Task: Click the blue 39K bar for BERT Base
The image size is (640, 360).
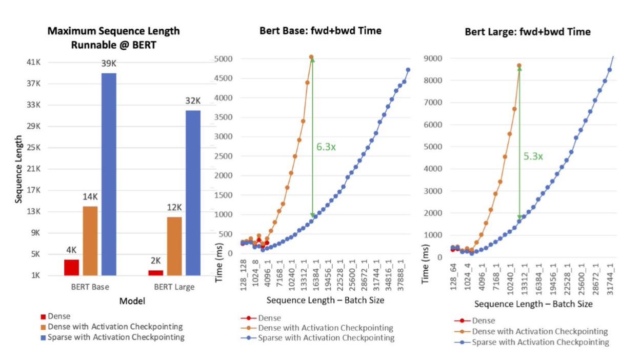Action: click(x=109, y=174)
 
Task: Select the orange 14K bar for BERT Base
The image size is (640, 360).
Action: click(x=90, y=241)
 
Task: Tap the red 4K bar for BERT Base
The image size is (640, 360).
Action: click(x=71, y=267)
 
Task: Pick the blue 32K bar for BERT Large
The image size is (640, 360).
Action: click(x=193, y=193)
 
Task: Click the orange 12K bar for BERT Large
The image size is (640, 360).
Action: click(x=174, y=246)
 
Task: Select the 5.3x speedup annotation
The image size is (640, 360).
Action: click(x=533, y=156)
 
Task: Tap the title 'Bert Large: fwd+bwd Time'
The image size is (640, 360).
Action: click(x=528, y=32)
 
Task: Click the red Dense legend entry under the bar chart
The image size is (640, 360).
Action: click(x=59, y=317)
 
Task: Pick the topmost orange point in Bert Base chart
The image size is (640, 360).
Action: click(x=311, y=57)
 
